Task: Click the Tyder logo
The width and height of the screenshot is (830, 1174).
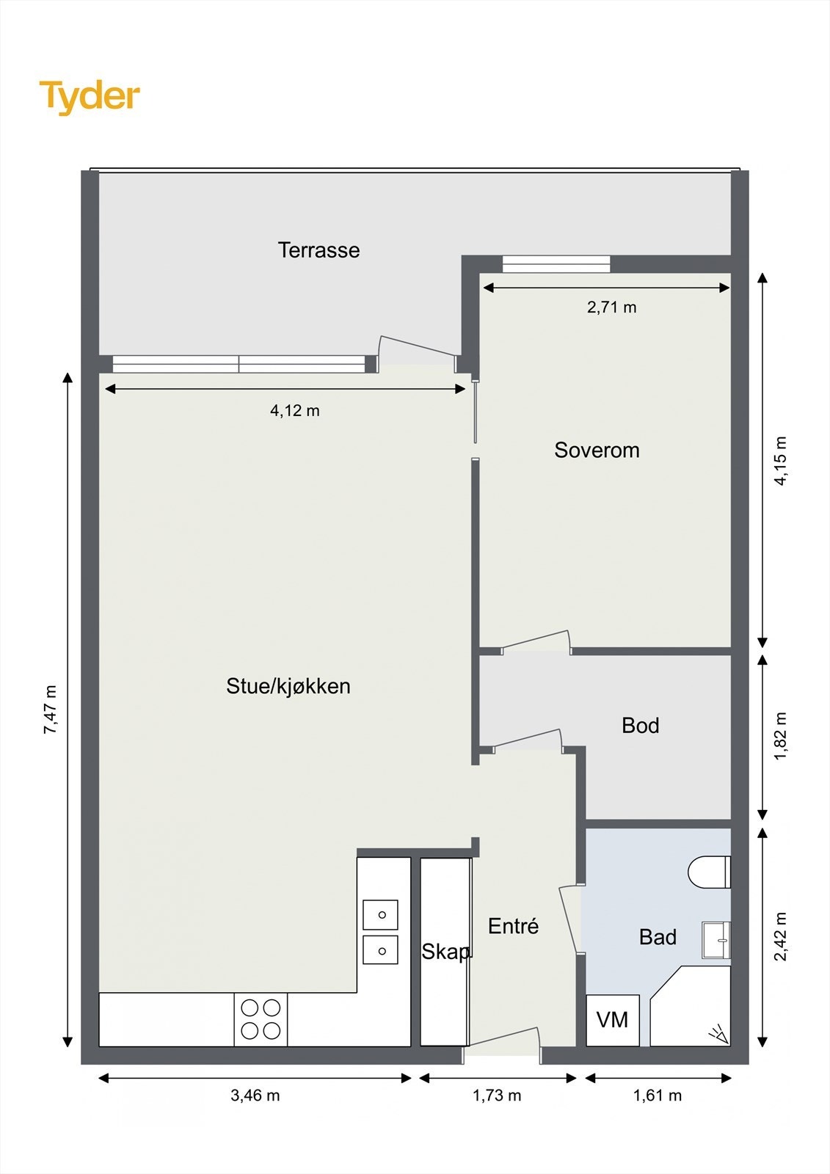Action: click(x=90, y=97)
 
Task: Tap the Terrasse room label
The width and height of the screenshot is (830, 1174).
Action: click(x=318, y=250)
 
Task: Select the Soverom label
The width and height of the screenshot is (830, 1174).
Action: click(x=597, y=450)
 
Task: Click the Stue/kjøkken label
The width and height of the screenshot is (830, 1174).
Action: click(x=288, y=686)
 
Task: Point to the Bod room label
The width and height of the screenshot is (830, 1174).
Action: click(x=640, y=726)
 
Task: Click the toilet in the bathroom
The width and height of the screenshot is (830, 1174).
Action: click(x=708, y=872)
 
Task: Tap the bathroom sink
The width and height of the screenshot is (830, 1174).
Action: click(x=716, y=940)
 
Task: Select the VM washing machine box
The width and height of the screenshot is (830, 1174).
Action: click(x=612, y=1020)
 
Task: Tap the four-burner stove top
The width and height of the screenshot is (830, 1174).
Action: click(x=261, y=1019)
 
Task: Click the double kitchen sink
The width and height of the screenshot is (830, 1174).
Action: click(x=380, y=933)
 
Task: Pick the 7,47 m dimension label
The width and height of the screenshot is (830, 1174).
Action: click(x=50, y=710)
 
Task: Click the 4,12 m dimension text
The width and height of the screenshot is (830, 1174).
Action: click(x=295, y=411)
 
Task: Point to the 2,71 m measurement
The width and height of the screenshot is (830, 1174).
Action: click(x=611, y=307)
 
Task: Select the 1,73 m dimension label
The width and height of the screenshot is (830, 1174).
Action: click(x=497, y=1095)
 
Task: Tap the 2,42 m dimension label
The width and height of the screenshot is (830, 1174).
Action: click(x=780, y=936)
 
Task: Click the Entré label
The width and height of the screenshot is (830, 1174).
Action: click(x=513, y=927)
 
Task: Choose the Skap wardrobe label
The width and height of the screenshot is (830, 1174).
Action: click(x=445, y=952)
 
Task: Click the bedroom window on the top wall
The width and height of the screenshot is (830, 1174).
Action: click(x=556, y=264)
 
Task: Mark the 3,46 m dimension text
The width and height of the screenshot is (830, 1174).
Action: click(x=255, y=1095)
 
